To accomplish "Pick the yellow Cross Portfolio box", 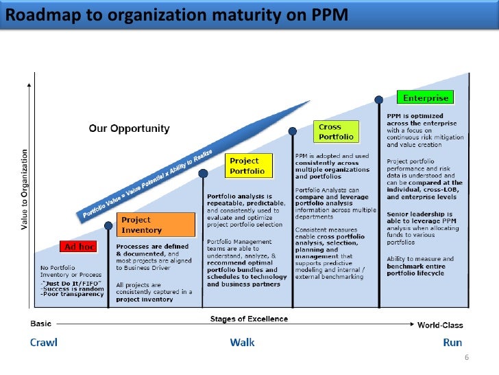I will pyautogui.click(x=337, y=130).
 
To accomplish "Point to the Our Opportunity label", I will pyautogui.click(x=130, y=128).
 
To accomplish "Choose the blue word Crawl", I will pyautogui.click(x=44, y=342).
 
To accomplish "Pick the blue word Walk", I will pyautogui.click(x=243, y=342).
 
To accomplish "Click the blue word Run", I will pyautogui.click(x=452, y=342).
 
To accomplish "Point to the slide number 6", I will pyautogui.click(x=466, y=359).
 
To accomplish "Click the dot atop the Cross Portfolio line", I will pyautogui.click(x=293, y=130).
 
